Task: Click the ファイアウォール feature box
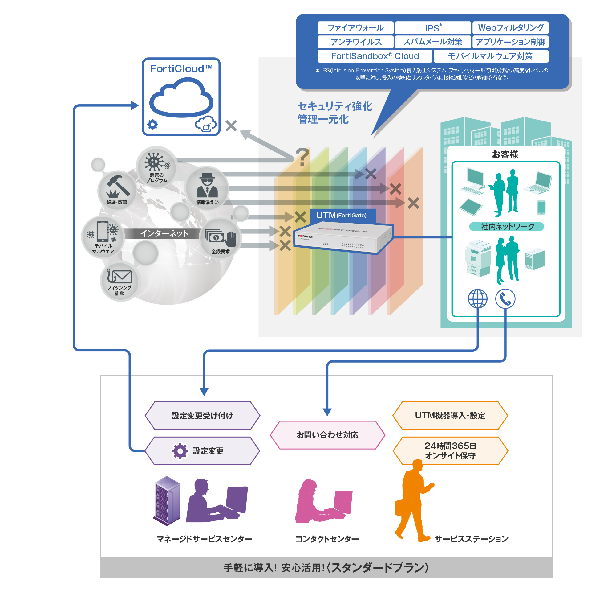click(x=355, y=28)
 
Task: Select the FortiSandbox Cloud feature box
click(x=375, y=56)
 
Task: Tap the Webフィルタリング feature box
click(x=510, y=28)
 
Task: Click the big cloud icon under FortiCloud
click(x=181, y=98)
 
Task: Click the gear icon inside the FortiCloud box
click(x=153, y=125)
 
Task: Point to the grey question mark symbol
click(x=302, y=157)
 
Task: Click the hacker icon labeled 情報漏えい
click(x=207, y=186)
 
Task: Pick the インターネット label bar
click(x=164, y=233)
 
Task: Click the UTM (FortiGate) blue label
click(x=342, y=216)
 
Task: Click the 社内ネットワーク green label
click(x=506, y=227)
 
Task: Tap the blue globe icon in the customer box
click(x=477, y=298)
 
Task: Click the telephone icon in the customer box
click(x=505, y=298)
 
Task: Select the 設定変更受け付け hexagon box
click(x=202, y=416)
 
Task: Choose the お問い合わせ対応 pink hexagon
click(x=327, y=435)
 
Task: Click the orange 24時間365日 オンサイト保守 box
click(x=450, y=450)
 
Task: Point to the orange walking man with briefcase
click(x=414, y=500)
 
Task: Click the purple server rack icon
click(x=167, y=500)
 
